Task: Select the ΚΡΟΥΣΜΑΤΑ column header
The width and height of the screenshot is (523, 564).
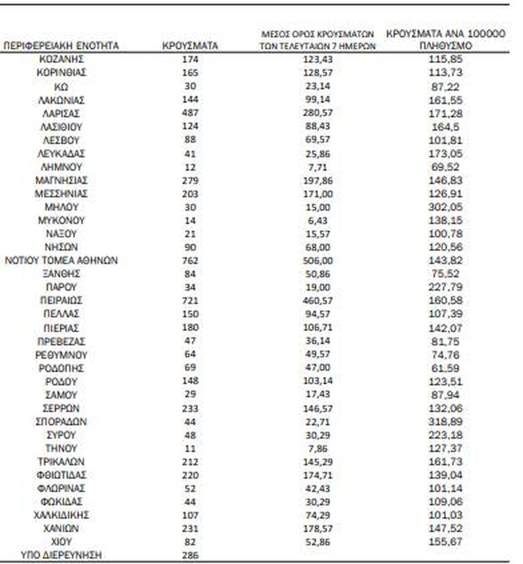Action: point(190,46)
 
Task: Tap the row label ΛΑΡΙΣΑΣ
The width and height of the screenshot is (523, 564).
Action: point(61,113)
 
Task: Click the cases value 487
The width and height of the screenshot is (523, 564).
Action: point(190,113)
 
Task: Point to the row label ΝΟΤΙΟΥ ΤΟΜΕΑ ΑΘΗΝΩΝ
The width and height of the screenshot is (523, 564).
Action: point(61,260)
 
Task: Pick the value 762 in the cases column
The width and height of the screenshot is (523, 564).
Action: point(190,260)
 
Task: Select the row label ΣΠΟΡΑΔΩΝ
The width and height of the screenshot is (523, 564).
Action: point(61,421)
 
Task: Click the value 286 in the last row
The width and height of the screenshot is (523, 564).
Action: point(190,555)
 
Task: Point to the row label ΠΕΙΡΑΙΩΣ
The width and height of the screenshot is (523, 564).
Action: point(61,301)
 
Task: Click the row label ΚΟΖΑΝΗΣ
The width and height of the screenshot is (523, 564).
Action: point(61,59)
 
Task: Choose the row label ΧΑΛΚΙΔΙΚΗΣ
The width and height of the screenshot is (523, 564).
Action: point(61,515)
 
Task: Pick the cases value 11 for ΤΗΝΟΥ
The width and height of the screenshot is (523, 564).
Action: point(190,448)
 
